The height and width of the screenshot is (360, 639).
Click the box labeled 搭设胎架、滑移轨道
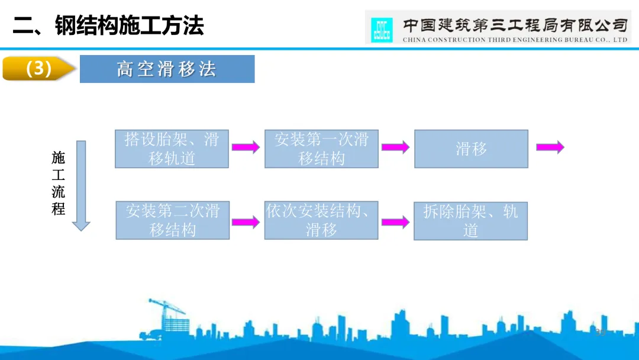click(172, 149)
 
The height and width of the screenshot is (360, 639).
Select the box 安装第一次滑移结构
click(321, 149)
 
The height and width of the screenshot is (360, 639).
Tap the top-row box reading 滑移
click(471, 149)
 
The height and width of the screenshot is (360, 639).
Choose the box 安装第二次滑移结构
click(172, 220)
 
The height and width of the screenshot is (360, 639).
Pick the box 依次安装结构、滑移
click(321, 220)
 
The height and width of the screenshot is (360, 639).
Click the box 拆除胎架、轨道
click(470, 221)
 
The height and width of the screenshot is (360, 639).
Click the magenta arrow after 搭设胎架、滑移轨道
click(246, 147)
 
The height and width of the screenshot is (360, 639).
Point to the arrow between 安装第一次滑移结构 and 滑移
click(395, 147)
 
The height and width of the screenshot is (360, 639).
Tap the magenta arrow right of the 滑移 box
click(550, 147)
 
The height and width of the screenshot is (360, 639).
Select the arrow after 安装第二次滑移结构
click(246, 223)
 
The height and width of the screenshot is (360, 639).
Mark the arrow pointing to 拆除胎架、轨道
click(395, 223)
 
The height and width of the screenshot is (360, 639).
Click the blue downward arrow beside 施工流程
click(81, 185)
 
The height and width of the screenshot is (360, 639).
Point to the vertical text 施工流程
click(58, 184)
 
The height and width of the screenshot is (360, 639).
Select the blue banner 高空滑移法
click(167, 69)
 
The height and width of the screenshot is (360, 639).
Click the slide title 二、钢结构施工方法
click(108, 25)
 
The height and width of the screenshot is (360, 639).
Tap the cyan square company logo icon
click(382, 30)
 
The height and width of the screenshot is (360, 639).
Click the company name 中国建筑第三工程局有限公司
click(514, 25)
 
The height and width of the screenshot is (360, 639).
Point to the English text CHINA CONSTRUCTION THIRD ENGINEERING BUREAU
click(514, 40)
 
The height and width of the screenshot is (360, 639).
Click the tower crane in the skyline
click(163, 317)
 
